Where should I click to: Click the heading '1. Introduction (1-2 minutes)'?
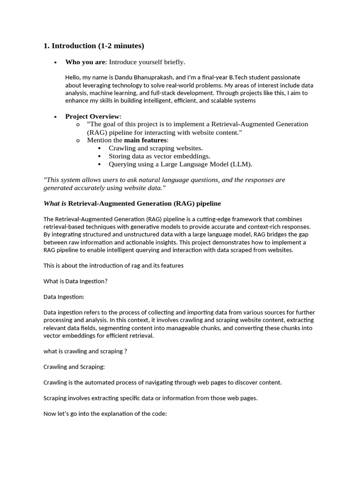[94, 46]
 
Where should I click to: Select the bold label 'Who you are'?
[85, 62]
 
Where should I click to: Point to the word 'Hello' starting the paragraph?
[73, 77]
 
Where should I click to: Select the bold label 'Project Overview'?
[92, 116]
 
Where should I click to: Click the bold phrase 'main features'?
[145, 140]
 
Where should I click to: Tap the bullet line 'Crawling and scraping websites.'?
[156, 148]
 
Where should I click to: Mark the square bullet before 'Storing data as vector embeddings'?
[99, 156]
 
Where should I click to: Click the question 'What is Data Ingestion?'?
[75, 281]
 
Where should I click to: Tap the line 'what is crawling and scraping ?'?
[85, 351]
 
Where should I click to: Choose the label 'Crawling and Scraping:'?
[74, 367]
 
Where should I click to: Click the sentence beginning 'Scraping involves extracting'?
[150, 398]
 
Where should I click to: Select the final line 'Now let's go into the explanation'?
[105, 413]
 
